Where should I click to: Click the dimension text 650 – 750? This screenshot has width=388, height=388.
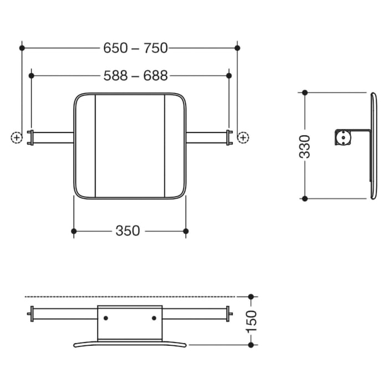(x=135, y=48)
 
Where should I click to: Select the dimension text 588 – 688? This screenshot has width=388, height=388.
(x=135, y=75)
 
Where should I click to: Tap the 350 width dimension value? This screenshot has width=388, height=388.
(x=127, y=231)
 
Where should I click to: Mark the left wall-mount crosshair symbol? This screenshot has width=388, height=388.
(x=16, y=137)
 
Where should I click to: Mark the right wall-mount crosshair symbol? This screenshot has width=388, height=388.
(x=243, y=137)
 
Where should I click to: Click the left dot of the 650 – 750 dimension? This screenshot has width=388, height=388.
(x=22, y=48)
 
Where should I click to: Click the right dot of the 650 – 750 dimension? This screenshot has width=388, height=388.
(x=237, y=48)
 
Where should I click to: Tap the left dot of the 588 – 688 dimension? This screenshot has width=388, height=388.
(x=32, y=75)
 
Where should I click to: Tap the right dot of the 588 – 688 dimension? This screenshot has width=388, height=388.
(x=228, y=75)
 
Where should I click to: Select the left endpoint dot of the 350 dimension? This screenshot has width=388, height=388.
(x=74, y=231)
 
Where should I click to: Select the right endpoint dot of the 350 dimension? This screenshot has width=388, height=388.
(x=186, y=231)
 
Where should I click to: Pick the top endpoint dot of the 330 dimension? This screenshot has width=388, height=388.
(x=304, y=93)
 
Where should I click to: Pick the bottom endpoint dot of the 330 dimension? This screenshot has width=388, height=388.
(x=304, y=198)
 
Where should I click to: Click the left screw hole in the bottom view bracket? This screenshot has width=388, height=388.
(x=106, y=318)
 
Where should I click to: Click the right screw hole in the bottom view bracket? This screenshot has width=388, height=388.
(x=154, y=318)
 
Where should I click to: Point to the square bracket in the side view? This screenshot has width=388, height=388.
(x=344, y=136)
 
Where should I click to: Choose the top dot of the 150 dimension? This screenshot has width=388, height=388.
(x=251, y=297)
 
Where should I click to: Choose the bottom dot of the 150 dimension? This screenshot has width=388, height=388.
(x=251, y=344)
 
